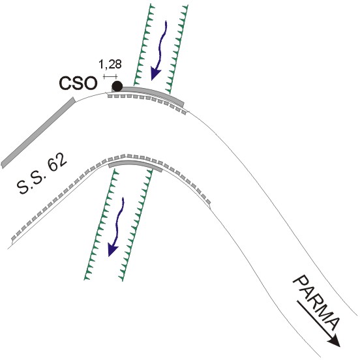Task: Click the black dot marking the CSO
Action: point(117,86)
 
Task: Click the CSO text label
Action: point(78,83)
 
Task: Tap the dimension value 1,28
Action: point(110,65)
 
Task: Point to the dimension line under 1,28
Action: point(110,76)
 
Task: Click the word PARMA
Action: point(316,303)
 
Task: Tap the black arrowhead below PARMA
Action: point(335,340)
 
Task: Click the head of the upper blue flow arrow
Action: point(155,74)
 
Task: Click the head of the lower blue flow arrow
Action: point(112,250)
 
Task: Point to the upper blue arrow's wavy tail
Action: point(162,45)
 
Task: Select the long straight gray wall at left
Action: point(38,132)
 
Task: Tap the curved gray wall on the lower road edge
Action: point(136,164)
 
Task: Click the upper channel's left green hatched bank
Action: point(143,44)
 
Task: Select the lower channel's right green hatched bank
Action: point(136,224)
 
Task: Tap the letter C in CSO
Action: point(65,83)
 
